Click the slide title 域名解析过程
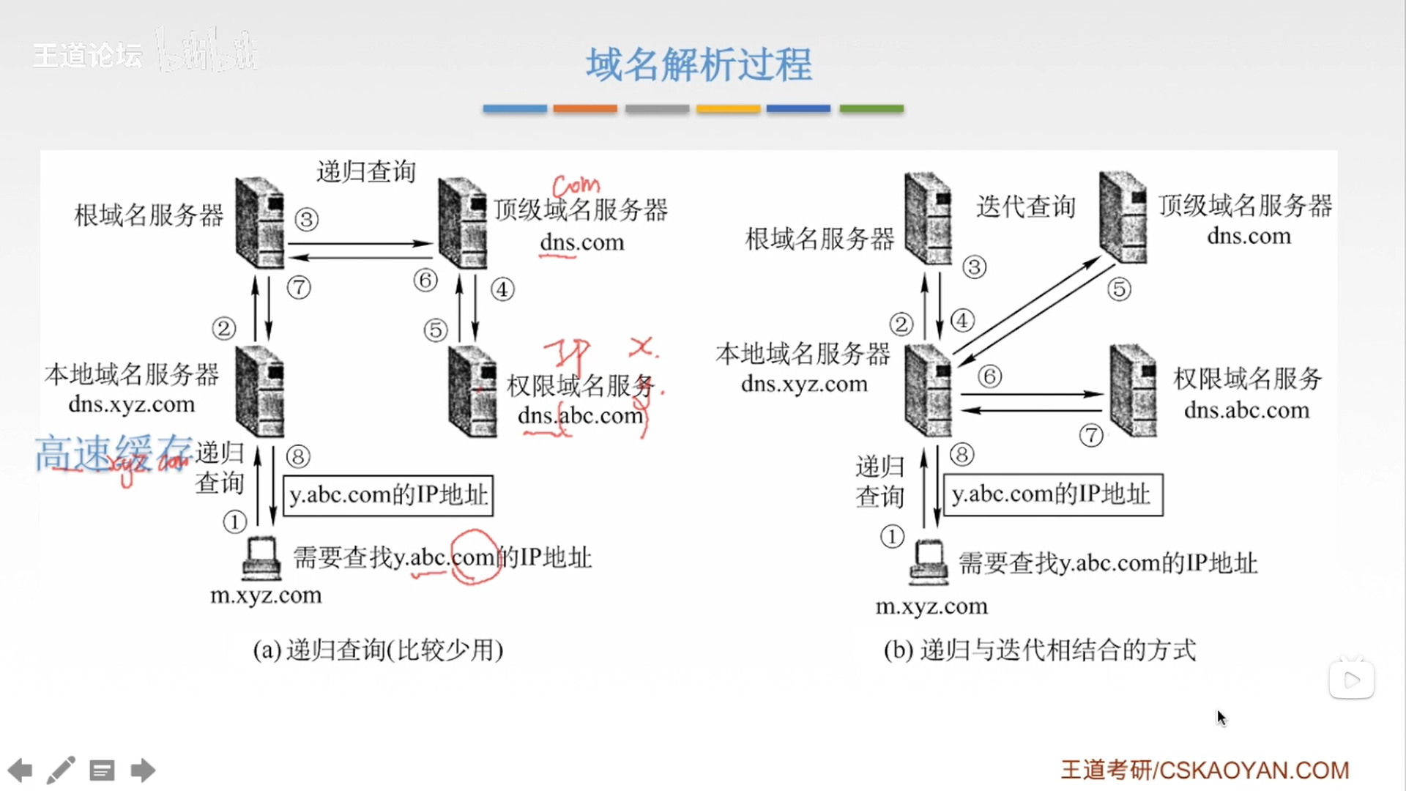pos(699,64)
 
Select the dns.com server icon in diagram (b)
pos(1123,217)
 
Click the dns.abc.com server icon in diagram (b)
pos(1133,390)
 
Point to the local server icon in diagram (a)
pos(260,391)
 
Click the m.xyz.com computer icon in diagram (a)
pos(261,558)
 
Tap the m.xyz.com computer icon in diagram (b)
pos(929,562)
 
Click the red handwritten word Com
pos(576,185)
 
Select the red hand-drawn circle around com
pos(475,557)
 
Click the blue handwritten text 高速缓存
pos(114,453)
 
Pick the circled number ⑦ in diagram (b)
pos(1091,435)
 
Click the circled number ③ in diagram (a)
pos(307,219)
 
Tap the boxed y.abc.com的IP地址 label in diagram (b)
pos(1052,495)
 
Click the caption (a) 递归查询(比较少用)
pos(378,650)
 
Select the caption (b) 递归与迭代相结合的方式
pos(1040,650)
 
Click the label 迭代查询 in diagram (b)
pos(1025,207)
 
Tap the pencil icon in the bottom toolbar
pos(61,770)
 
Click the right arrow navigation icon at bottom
pos(143,770)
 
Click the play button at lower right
pos(1351,680)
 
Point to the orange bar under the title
pos(584,108)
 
